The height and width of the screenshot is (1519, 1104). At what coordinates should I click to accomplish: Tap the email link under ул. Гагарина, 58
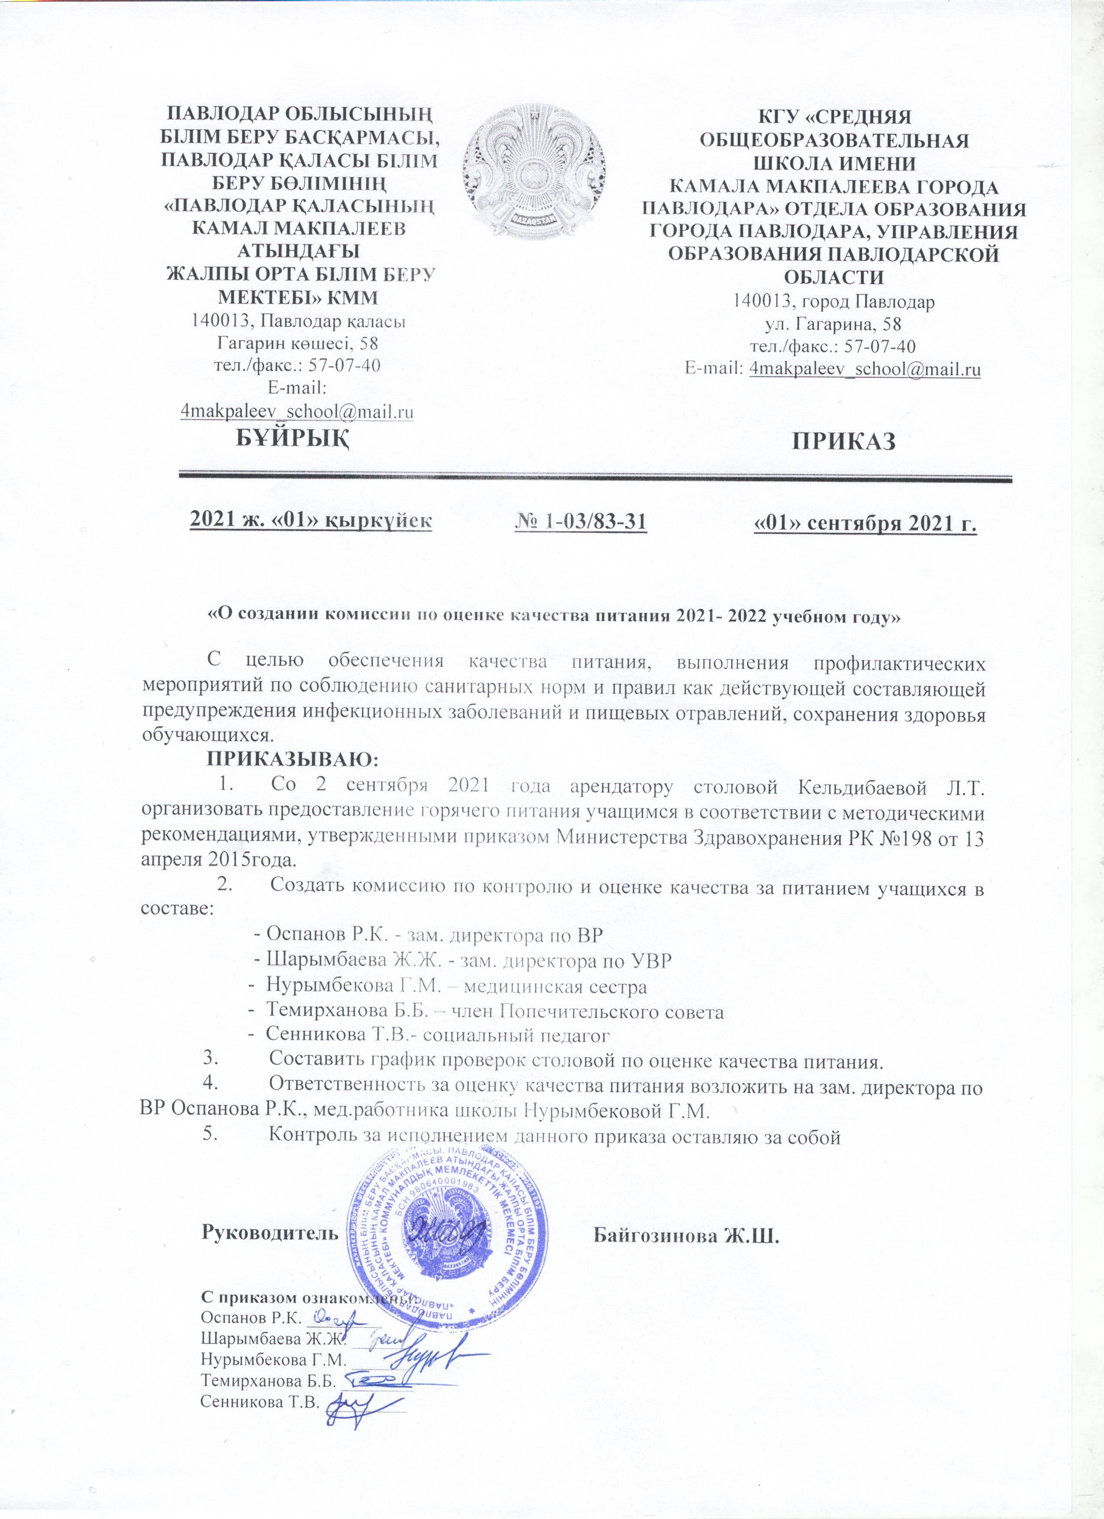865,368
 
